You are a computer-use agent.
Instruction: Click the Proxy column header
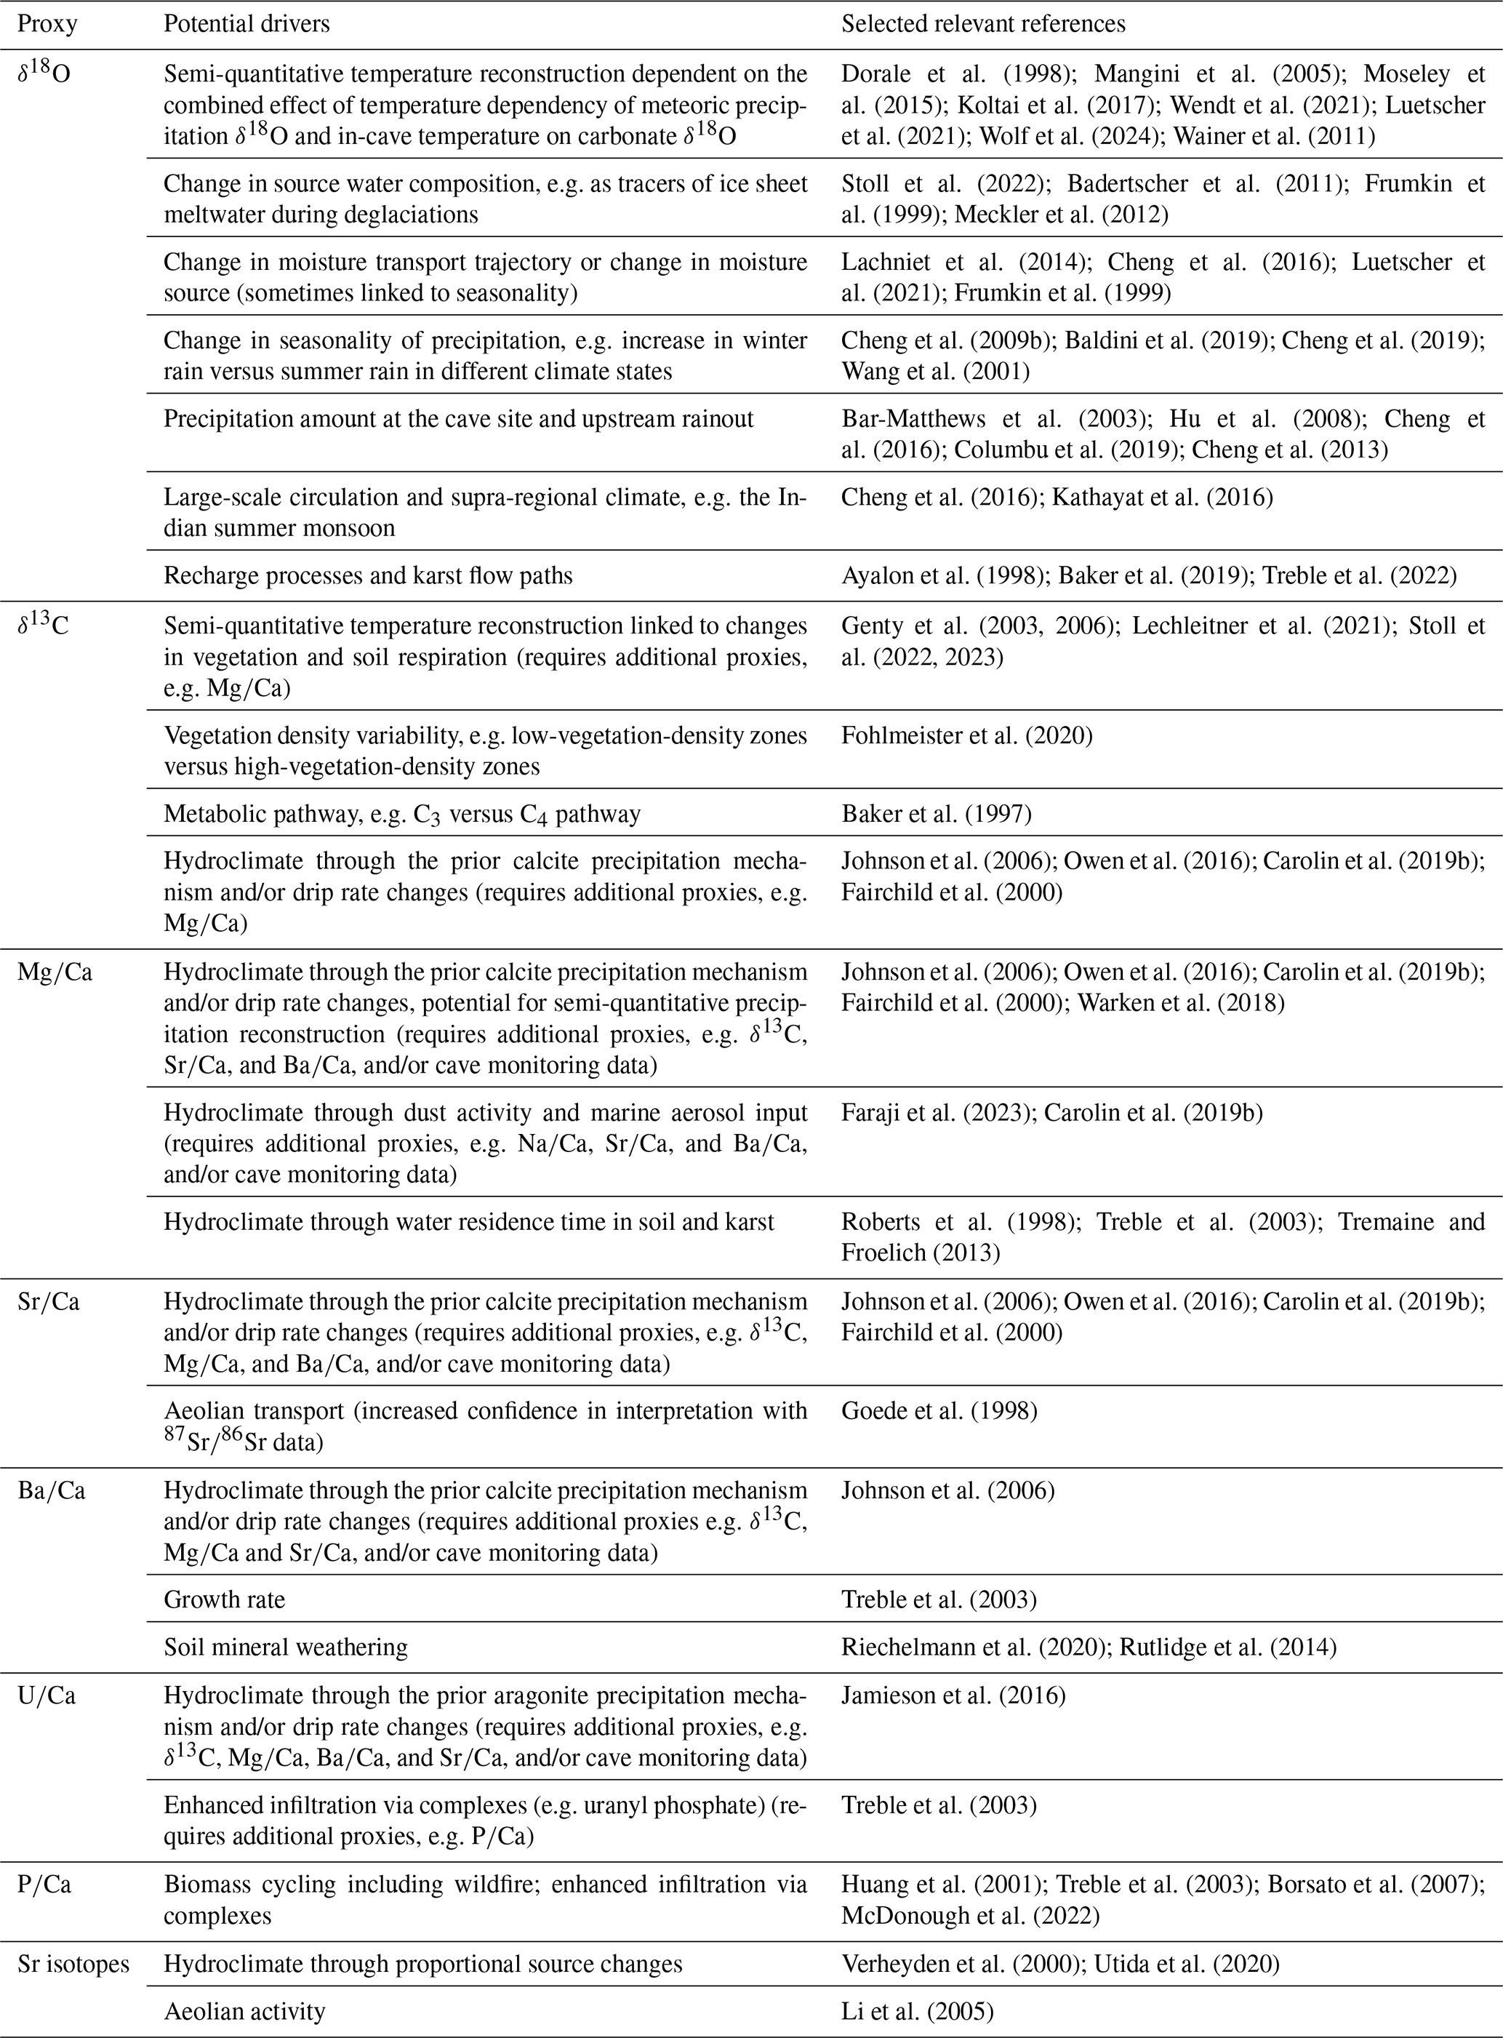click(x=47, y=24)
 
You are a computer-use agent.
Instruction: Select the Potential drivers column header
click(x=246, y=24)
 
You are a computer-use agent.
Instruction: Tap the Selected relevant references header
click(x=982, y=24)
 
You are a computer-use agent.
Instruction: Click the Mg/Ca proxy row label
click(x=55, y=972)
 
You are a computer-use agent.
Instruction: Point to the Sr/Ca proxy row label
click(x=48, y=1302)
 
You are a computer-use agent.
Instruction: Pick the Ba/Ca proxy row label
click(x=51, y=1491)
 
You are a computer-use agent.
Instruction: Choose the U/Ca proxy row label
click(x=47, y=1697)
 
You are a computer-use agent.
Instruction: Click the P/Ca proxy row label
click(x=44, y=1885)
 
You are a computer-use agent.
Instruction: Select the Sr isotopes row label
click(x=73, y=1965)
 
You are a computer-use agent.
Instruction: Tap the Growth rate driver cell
click(x=224, y=1600)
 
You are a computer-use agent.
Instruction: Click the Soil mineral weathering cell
click(x=286, y=1647)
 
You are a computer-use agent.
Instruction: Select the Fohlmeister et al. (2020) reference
click(x=966, y=735)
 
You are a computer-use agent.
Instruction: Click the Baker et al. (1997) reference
click(x=936, y=813)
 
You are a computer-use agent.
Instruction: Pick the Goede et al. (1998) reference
click(x=939, y=1411)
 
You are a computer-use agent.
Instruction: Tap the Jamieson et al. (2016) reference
click(x=953, y=1697)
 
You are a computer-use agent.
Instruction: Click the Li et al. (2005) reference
click(x=917, y=2012)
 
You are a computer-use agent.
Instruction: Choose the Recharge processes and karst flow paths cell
click(x=367, y=576)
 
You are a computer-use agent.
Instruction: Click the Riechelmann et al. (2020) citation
click(x=971, y=1647)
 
